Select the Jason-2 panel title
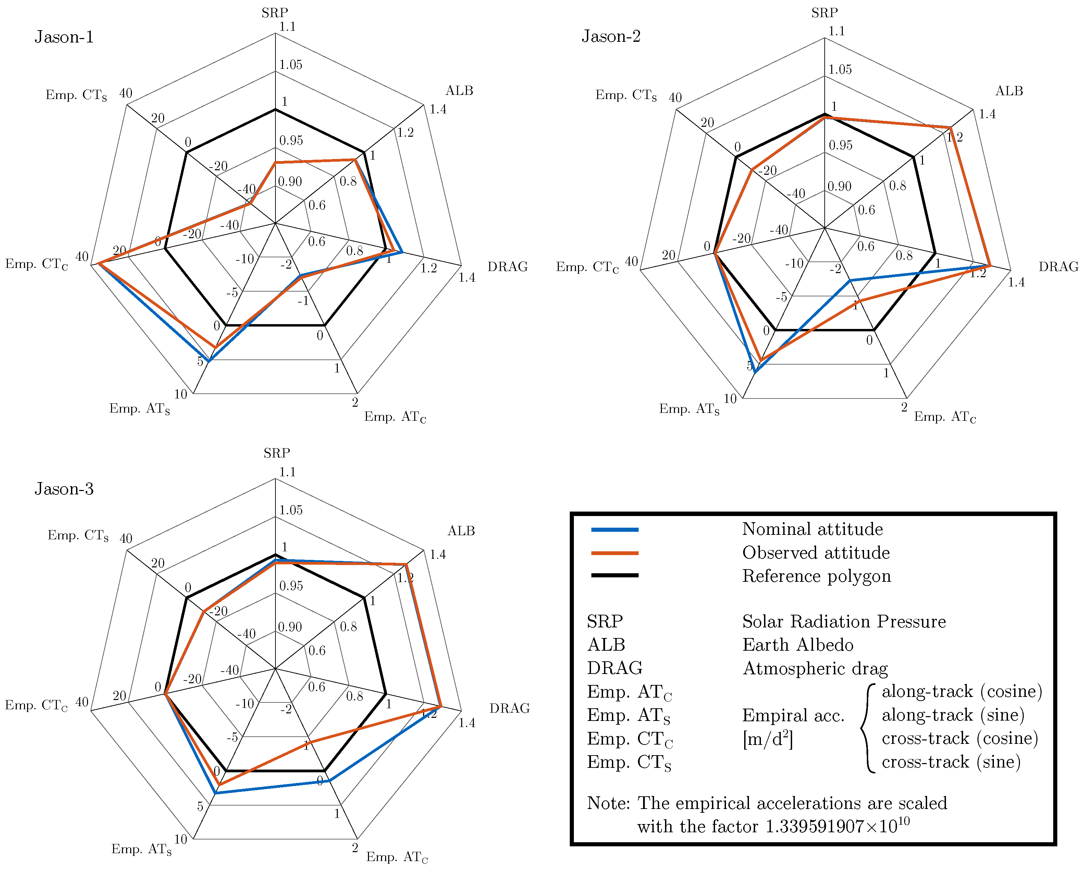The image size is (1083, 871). [x=611, y=36]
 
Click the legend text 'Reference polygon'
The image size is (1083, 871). [x=816, y=576]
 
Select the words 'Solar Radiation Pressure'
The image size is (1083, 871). [x=844, y=622]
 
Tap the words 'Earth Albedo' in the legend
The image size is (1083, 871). [x=798, y=645]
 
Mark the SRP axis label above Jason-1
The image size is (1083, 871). [x=274, y=13]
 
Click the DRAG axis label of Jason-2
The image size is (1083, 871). [x=1058, y=267]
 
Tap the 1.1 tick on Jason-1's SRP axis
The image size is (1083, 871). [x=287, y=27]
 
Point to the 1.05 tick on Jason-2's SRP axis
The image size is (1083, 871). [x=840, y=70]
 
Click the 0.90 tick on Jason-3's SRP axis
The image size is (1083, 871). [x=290, y=627]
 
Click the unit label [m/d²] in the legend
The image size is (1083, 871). [x=767, y=739]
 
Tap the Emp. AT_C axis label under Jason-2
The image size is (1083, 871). [x=944, y=417]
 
